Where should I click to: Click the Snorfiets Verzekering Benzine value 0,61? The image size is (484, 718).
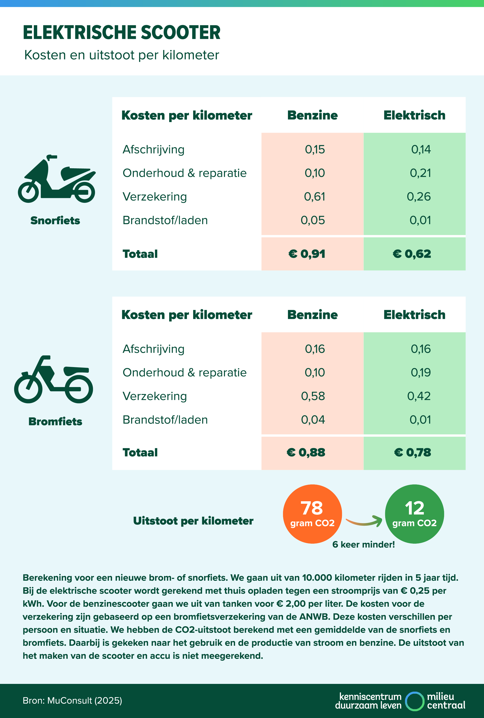pyautogui.click(x=314, y=197)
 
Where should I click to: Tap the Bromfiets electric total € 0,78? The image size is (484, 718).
pyautogui.click(x=413, y=453)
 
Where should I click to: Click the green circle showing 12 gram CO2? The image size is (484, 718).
pyautogui.click(x=414, y=514)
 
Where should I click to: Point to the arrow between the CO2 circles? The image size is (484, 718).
pyautogui.click(x=364, y=521)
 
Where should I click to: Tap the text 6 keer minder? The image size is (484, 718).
pyautogui.click(x=363, y=544)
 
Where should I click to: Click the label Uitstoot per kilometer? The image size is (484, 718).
pyautogui.click(x=193, y=521)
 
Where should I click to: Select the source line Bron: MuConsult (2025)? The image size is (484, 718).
pyautogui.click(x=72, y=700)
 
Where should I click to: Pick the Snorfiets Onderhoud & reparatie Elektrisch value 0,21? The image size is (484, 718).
pyautogui.click(x=420, y=173)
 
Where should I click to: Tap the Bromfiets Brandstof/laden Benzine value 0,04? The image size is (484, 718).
pyautogui.click(x=313, y=420)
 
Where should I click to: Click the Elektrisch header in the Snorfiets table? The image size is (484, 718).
pyautogui.click(x=414, y=115)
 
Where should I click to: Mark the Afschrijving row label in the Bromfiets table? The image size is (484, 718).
pyautogui.click(x=153, y=349)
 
